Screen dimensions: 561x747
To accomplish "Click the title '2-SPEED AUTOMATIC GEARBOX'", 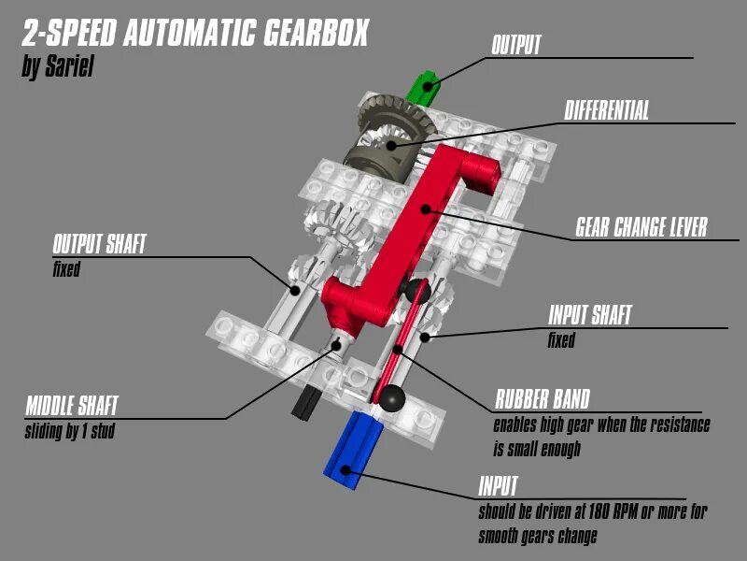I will [193, 34].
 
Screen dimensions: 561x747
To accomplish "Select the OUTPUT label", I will [515, 45].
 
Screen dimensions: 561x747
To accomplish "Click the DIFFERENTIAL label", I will [606, 110].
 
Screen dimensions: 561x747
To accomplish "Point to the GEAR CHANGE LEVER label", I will [641, 227].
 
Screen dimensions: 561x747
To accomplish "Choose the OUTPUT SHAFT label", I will [99, 245].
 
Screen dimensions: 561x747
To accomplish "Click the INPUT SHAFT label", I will [590, 316].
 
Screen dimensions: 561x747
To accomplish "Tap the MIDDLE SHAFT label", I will [71, 407].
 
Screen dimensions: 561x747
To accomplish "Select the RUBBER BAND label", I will [542, 400].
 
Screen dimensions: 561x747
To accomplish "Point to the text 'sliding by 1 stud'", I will [69, 433].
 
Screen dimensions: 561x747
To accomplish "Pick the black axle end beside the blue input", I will [303, 403].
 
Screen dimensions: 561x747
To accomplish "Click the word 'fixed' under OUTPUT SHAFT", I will [66, 271].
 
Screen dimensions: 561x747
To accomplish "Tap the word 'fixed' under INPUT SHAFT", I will [561, 341].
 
